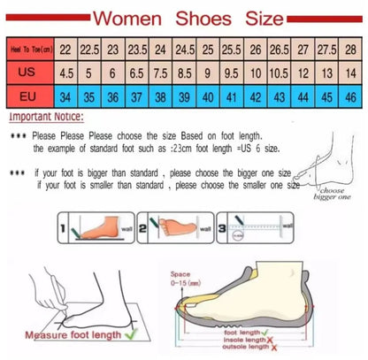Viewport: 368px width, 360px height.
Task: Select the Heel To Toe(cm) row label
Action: [27, 50]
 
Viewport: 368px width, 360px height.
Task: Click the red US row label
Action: [27, 72]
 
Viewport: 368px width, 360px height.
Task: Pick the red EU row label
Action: [27, 94]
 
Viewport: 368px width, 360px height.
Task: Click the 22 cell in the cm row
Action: [67, 50]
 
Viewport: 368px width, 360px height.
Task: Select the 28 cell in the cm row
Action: [351, 50]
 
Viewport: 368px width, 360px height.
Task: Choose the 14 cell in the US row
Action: [351, 72]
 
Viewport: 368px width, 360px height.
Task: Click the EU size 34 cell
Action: [67, 94]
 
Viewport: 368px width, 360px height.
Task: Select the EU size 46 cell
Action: [351, 94]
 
